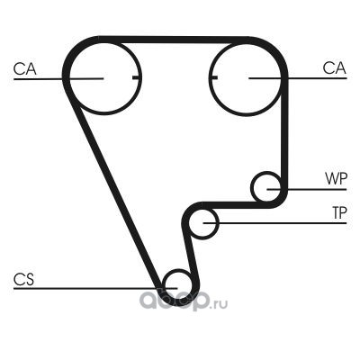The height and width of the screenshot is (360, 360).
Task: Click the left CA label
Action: (x=25, y=68)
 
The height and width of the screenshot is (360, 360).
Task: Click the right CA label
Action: (x=335, y=68)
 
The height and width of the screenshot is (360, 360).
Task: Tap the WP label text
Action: (x=336, y=178)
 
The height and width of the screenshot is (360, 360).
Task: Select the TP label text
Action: (x=339, y=212)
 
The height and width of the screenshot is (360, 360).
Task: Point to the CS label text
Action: (x=24, y=279)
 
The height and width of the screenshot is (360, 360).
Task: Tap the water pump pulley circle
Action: (x=251, y=186)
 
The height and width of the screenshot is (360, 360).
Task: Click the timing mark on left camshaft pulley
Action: (x=136, y=78)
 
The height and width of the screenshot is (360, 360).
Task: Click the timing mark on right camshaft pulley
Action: (x=213, y=78)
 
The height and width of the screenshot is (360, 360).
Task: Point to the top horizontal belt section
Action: (x=174, y=40)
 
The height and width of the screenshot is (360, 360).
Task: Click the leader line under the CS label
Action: (x=95, y=289)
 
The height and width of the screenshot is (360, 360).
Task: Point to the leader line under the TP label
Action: (x=274, y=223)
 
